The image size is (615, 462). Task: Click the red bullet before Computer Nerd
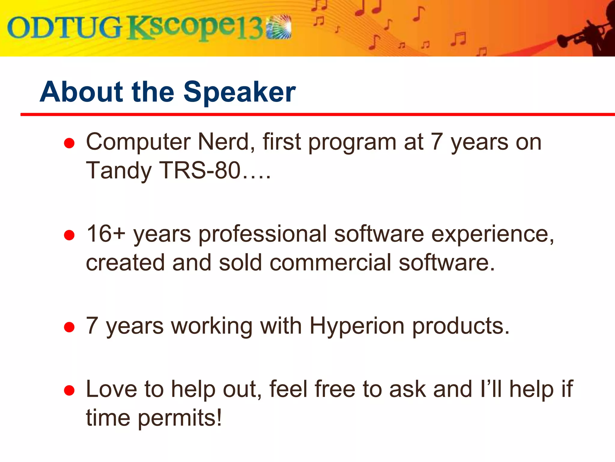[x=69, y=143]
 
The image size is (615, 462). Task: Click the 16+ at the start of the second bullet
[x=105, y=234]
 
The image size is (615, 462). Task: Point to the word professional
[x=262, y=235]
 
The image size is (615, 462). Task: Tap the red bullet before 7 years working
[x=69, y=327]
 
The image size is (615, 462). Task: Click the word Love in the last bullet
[x=111, y=389]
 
